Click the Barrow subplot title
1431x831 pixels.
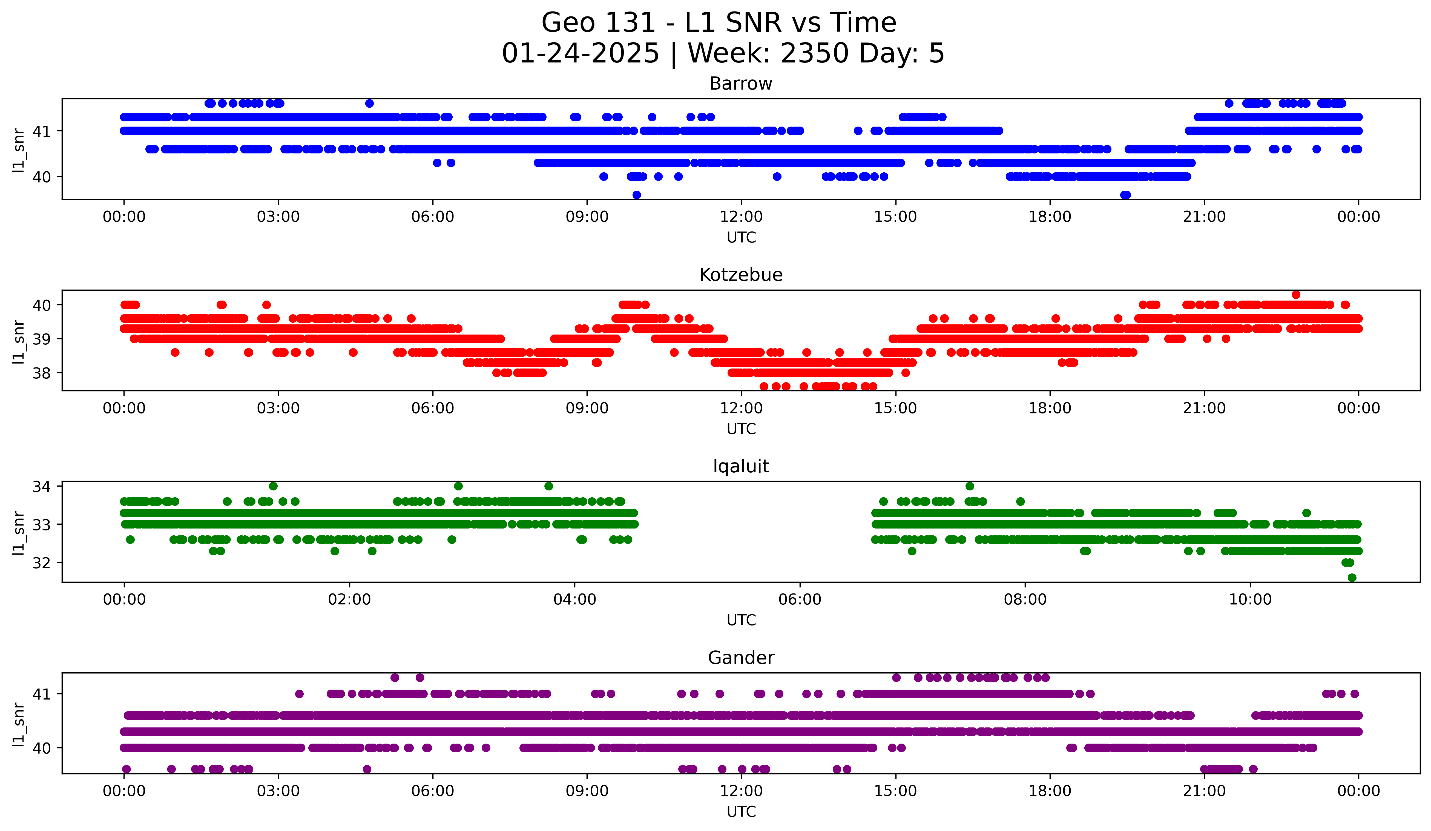(740, 84)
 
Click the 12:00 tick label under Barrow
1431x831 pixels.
(741, 217)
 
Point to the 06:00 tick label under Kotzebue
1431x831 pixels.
(433, 409)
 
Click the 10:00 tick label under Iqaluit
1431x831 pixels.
(1250, 600)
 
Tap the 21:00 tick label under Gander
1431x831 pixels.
(1204, 791)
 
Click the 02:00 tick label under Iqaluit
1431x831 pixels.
(349, 600)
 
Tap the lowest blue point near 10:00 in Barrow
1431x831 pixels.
(637, 195)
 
